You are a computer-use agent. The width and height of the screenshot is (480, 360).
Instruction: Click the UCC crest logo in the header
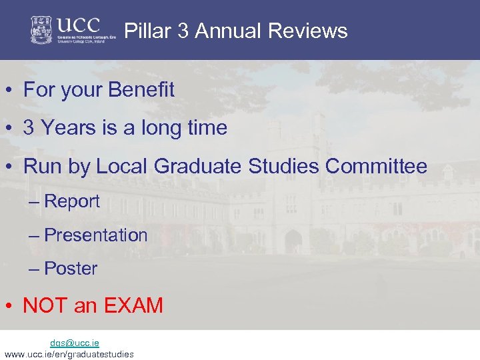coord(41,30)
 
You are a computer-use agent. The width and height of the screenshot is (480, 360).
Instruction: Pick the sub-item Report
coord(71,201)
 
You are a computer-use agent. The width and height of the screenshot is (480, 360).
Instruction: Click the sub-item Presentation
coord(95,235)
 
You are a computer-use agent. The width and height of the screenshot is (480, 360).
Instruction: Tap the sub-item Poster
coord(71,268)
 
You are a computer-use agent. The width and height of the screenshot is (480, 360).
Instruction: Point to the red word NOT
coord(45,305)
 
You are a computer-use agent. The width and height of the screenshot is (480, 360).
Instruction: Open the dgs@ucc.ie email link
coord(75,343)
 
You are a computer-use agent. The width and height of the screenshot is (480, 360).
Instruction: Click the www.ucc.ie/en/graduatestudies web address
coord(69,354)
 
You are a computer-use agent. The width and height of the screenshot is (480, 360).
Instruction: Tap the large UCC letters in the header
coord(78,25)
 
